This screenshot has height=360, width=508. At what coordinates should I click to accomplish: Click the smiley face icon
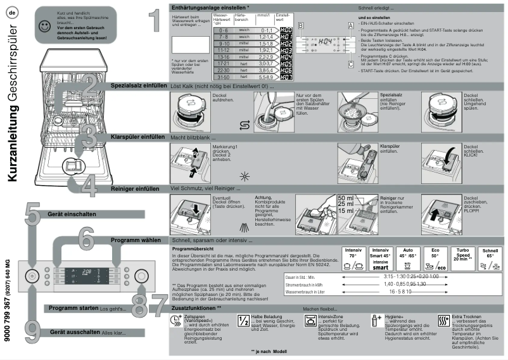point(43,26)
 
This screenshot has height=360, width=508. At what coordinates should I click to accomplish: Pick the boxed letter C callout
point(350,64)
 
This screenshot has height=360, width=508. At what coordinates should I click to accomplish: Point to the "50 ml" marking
point(345,198)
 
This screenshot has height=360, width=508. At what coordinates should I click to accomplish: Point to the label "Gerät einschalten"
point(72,214)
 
